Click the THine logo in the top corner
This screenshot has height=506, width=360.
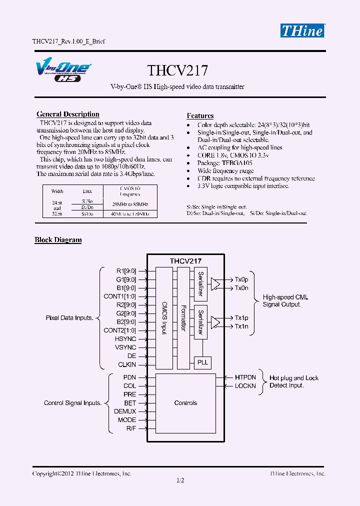[301, 30]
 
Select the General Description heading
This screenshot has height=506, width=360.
[68, 114]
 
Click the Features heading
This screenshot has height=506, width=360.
[200, 116]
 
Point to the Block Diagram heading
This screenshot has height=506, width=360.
[58, 240]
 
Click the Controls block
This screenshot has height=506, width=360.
[185, 403]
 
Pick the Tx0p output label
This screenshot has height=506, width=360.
[241, 279]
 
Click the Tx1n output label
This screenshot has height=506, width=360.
[241, 326]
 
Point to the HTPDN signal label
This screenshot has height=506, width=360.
[245, 377]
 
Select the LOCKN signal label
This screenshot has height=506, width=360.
[245, 386]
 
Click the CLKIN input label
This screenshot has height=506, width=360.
[127, 364]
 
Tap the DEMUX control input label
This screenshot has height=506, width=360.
[125, 411]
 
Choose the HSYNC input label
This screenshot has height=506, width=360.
[125, 339]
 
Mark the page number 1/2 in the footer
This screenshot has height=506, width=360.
[180, 481]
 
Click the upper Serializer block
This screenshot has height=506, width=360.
[200, 284]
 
